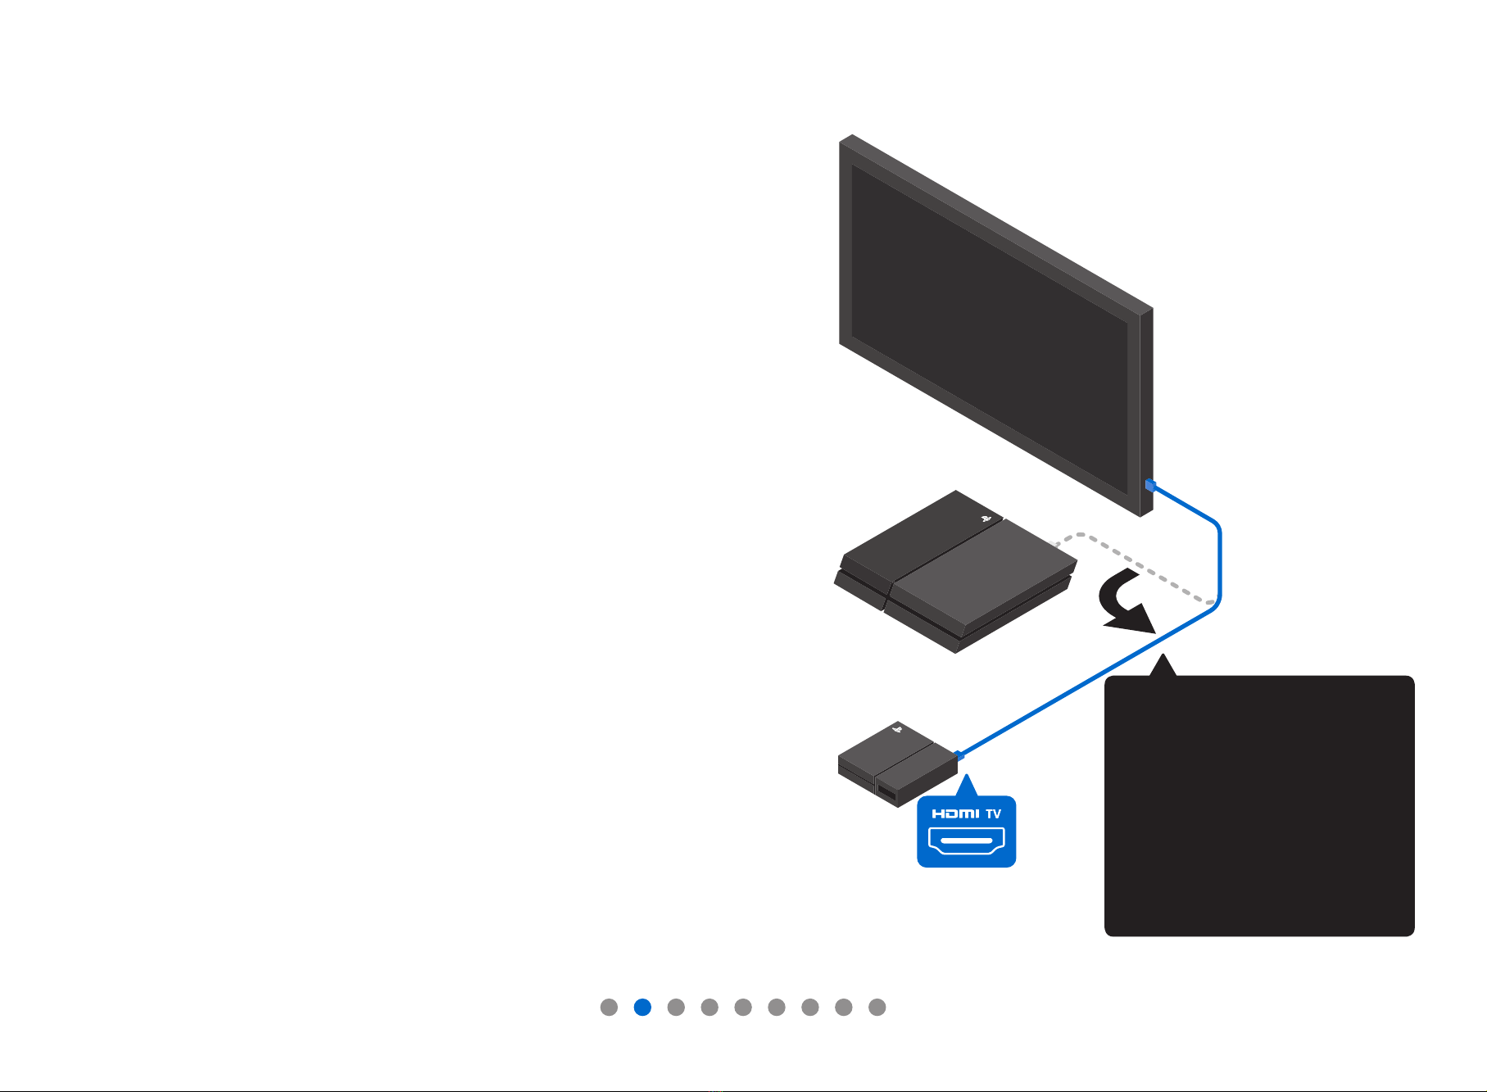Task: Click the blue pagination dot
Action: (642, 1007)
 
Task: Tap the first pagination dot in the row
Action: (609, 1007)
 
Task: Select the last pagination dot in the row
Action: (877, 1007)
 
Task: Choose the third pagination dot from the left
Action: (676, 1007)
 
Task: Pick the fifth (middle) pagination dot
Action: (743, 1007)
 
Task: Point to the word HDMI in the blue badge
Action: (955, 813)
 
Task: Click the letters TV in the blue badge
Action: (993, 813)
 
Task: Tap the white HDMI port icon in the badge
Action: (967, 841)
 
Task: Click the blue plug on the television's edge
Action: (1150, 485)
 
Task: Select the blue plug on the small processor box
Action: (958, 754)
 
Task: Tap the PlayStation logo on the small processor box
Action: (898, 727)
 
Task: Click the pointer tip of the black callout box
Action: (1163, 654)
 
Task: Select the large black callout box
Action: (1259, 805)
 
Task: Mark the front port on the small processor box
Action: (886, 792)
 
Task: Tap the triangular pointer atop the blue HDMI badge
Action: (967, 786)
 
